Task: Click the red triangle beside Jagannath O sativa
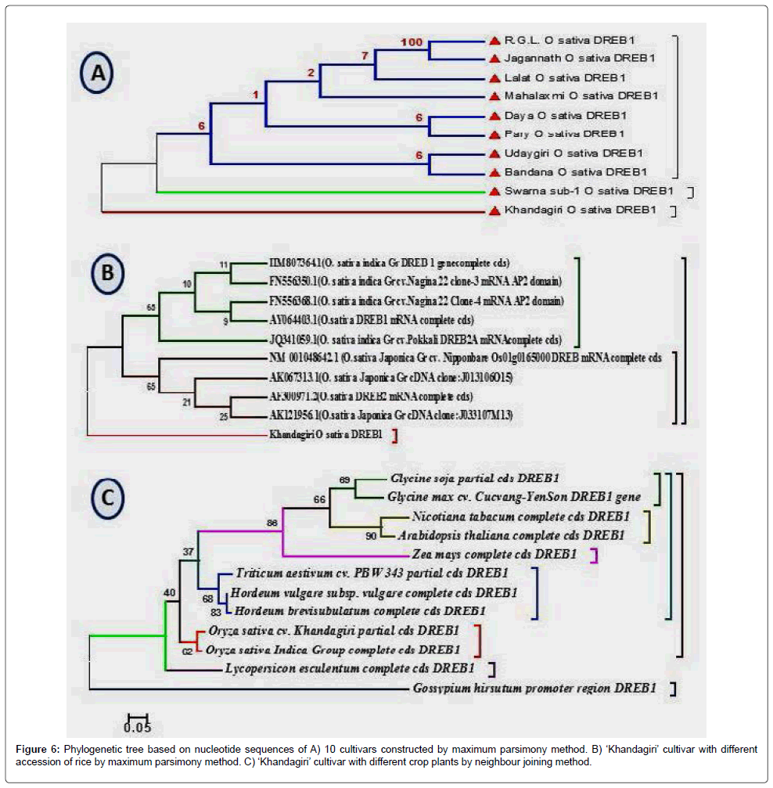(x=494, y=59)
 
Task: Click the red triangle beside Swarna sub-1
(x=494, y=191)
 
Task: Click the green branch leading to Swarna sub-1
(x=313, y=191)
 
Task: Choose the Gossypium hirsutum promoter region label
(x=533, y=689)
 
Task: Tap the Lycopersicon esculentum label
(x=349, y=668)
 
